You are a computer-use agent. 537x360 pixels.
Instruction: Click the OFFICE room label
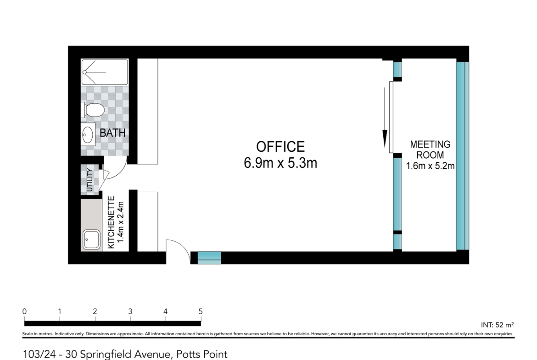click(x=280, y=147)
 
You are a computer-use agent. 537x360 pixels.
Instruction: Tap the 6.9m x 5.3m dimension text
click(x=280, y=163)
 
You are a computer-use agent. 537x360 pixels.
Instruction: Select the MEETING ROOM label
click(x=430, y=150)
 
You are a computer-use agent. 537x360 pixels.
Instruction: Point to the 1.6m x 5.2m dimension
click(x=430, y=166)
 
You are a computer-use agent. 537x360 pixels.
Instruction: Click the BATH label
click(x=112, y=133)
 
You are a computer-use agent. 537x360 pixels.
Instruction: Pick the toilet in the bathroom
click(x=93, y=110)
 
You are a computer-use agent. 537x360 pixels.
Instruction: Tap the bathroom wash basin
click(x=88, y=134)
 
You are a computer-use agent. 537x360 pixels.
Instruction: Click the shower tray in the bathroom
click(x=105, y=72)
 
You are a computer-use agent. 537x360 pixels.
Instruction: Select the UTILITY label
click(x=89, y=180)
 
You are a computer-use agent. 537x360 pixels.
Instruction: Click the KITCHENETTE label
click(x=111, y=222)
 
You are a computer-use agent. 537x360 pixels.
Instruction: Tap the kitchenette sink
click(x=91, y=239)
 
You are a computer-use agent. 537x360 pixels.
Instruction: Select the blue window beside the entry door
click(x=209, y=258)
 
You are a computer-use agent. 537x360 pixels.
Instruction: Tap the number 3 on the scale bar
click(x=130, y=311)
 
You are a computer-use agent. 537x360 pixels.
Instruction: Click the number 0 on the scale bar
click(x=24, y=311)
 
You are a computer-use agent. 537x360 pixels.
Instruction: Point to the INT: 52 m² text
click(x=497, y=325)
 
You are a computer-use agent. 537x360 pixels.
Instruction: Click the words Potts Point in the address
click(x=201, y=354)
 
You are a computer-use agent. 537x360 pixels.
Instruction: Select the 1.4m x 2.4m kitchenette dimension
click(x=120, y=222)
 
